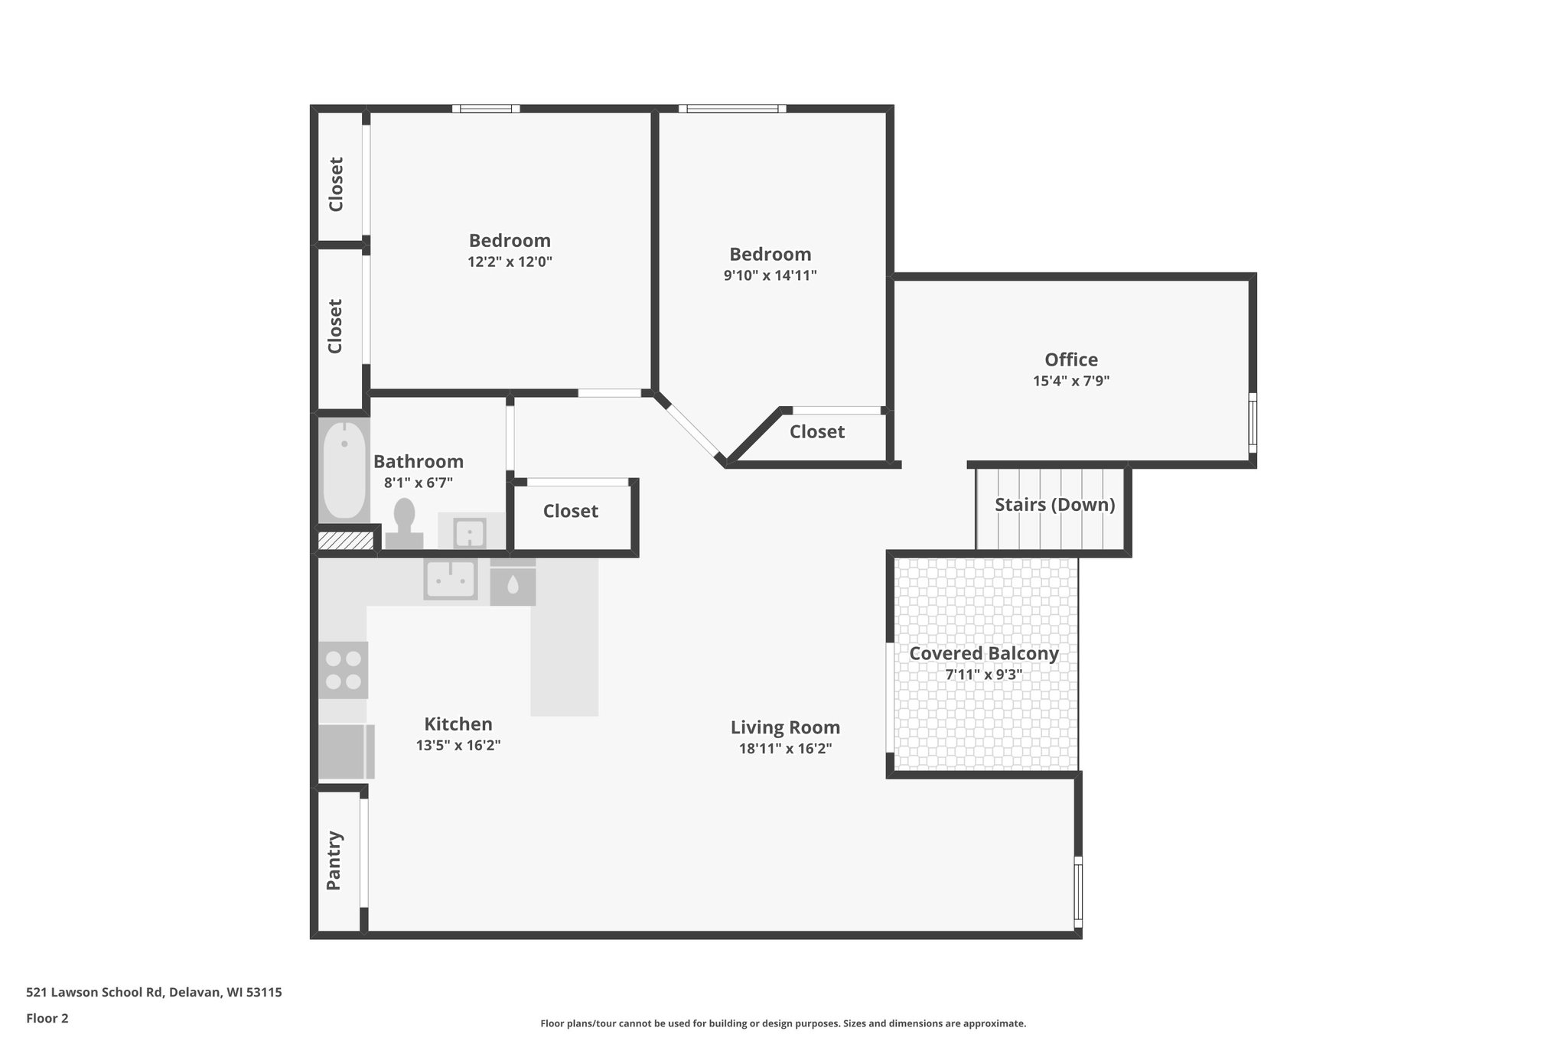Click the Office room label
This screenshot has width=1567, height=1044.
point(1070,359)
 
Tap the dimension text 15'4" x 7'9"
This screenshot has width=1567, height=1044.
point(1070,381)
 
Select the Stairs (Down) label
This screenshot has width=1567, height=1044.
point(1054,505)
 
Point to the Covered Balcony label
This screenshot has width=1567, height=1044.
point(983,654)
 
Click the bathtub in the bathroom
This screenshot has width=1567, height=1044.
point(344,471)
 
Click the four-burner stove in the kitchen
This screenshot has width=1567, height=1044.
point(344,670)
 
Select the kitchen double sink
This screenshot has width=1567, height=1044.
point(451,578)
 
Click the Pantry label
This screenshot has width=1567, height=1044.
point(334,860)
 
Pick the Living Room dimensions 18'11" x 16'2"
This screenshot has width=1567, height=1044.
point(785,749)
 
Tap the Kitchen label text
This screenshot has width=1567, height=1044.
point(458,724)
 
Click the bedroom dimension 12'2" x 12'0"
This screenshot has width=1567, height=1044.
point(510,262)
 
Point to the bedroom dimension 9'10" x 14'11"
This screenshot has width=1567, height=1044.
point(770,276)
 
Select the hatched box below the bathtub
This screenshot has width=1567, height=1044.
point(345,541)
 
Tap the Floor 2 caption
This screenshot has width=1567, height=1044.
point(47,1019)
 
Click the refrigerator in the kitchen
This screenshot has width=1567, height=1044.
point(346,751)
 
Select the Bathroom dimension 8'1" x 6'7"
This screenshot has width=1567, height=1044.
point(418,483)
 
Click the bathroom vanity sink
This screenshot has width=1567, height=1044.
point(470,532)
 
